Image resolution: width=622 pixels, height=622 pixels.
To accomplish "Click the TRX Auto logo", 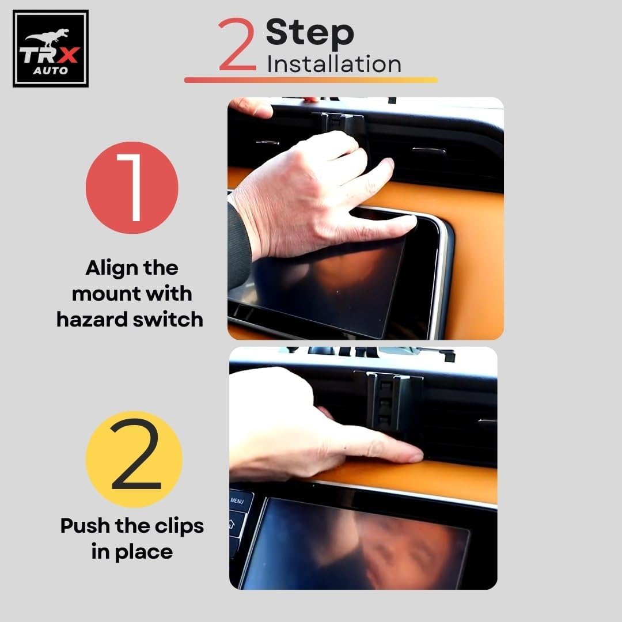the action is [50, 48].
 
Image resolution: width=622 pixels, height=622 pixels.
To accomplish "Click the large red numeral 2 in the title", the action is [237, 44].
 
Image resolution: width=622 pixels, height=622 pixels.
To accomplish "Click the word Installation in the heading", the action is [334, 64].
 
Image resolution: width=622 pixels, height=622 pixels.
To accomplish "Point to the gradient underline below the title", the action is [311, 79].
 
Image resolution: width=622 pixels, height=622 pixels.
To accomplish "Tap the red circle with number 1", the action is [132, 187].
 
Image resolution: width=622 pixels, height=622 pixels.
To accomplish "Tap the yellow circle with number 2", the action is [134, 459].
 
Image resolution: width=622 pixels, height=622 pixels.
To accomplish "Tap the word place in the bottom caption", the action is [143, 552].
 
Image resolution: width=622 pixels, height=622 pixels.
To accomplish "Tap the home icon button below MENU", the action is [235, 524].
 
